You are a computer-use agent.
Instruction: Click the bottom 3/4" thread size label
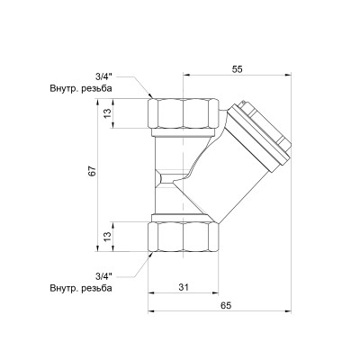click(106, 276)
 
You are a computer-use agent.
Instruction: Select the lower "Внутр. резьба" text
click(81, 289)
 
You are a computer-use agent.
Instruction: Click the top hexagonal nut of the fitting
click(183, 113)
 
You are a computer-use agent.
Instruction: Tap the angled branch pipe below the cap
click(225, 171)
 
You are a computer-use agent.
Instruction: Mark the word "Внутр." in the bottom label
click(65, 289)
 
